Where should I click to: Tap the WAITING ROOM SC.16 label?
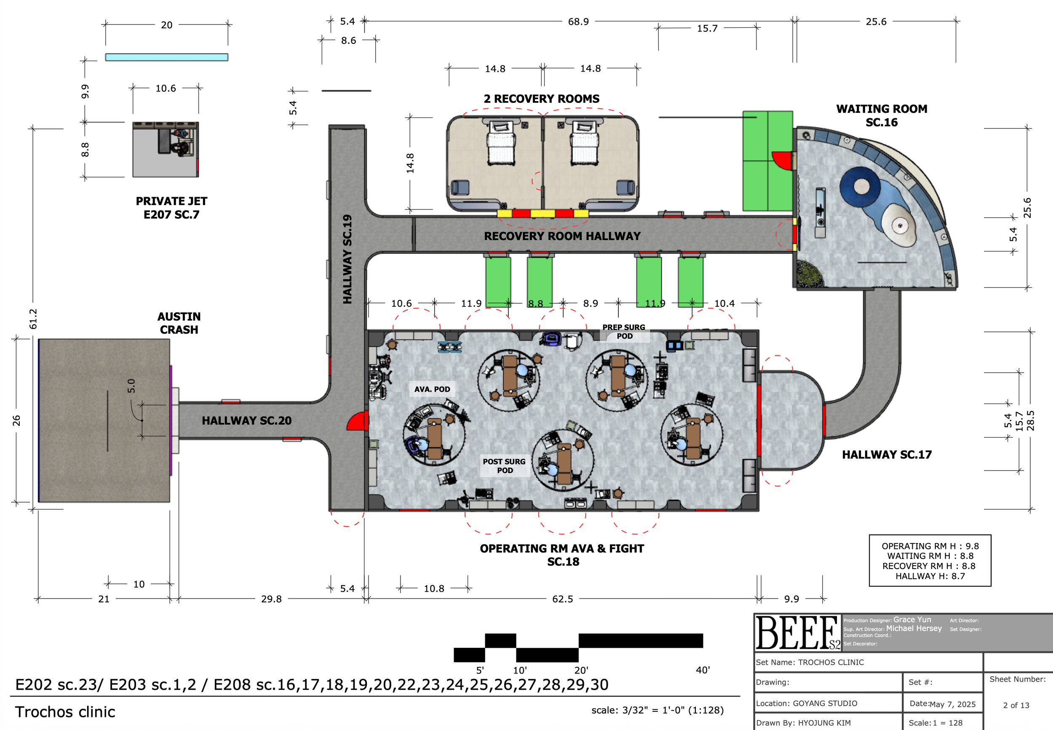point(882,115)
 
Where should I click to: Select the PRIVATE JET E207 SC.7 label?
point(171,208)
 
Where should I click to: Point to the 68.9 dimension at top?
point(578,21)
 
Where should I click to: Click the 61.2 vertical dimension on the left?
point(33,319)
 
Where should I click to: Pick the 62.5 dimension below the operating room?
point(562,599)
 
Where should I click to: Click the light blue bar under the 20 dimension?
point(166,57)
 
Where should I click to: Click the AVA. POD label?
point(432,389)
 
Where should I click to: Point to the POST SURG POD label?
point(504,465)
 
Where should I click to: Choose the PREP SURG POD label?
point(624,332)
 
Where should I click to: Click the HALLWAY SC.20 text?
point(246,420)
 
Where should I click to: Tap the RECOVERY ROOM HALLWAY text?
point(562,236)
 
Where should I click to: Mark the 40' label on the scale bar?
point(703,670)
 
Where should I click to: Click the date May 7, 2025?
point(953,704)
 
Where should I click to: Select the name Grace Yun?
point(912,620)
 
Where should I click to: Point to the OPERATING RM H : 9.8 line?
point(930,546)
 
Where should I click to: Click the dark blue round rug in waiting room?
point(860,187)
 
